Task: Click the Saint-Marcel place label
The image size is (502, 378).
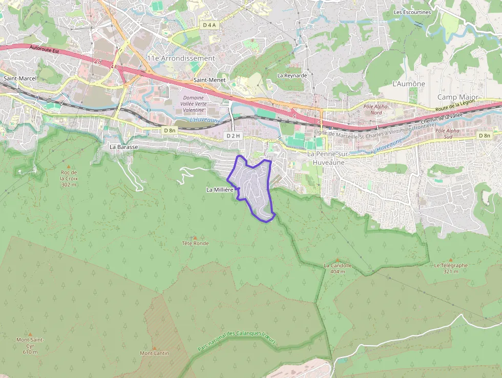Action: click(x=20, y=78)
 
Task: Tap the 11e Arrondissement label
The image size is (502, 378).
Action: click(x=181, y=58)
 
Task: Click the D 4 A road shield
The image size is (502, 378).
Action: click(x=210, y=25)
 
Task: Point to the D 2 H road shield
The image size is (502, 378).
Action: click(x=233, y=136)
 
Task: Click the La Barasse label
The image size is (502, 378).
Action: click(x=123, y=147)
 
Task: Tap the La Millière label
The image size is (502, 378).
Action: click(x=220, y=190)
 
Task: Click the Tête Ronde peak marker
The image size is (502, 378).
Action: click(x=195, y=237)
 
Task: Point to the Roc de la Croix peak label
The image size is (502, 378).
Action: click(x=68, y=178)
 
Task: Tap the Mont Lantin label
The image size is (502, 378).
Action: click(x=154, y=353)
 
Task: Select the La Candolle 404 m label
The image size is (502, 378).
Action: click(x=338, y=268)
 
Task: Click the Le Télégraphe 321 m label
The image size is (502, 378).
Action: click(x=451, y=268)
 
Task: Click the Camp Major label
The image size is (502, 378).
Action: click(x=457, y=97)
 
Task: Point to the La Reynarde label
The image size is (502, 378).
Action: click(x=292, y=75)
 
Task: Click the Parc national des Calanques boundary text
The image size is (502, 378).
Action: click(x=236, y=341)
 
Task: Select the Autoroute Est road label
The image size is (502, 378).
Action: click(x=45, y=50)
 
